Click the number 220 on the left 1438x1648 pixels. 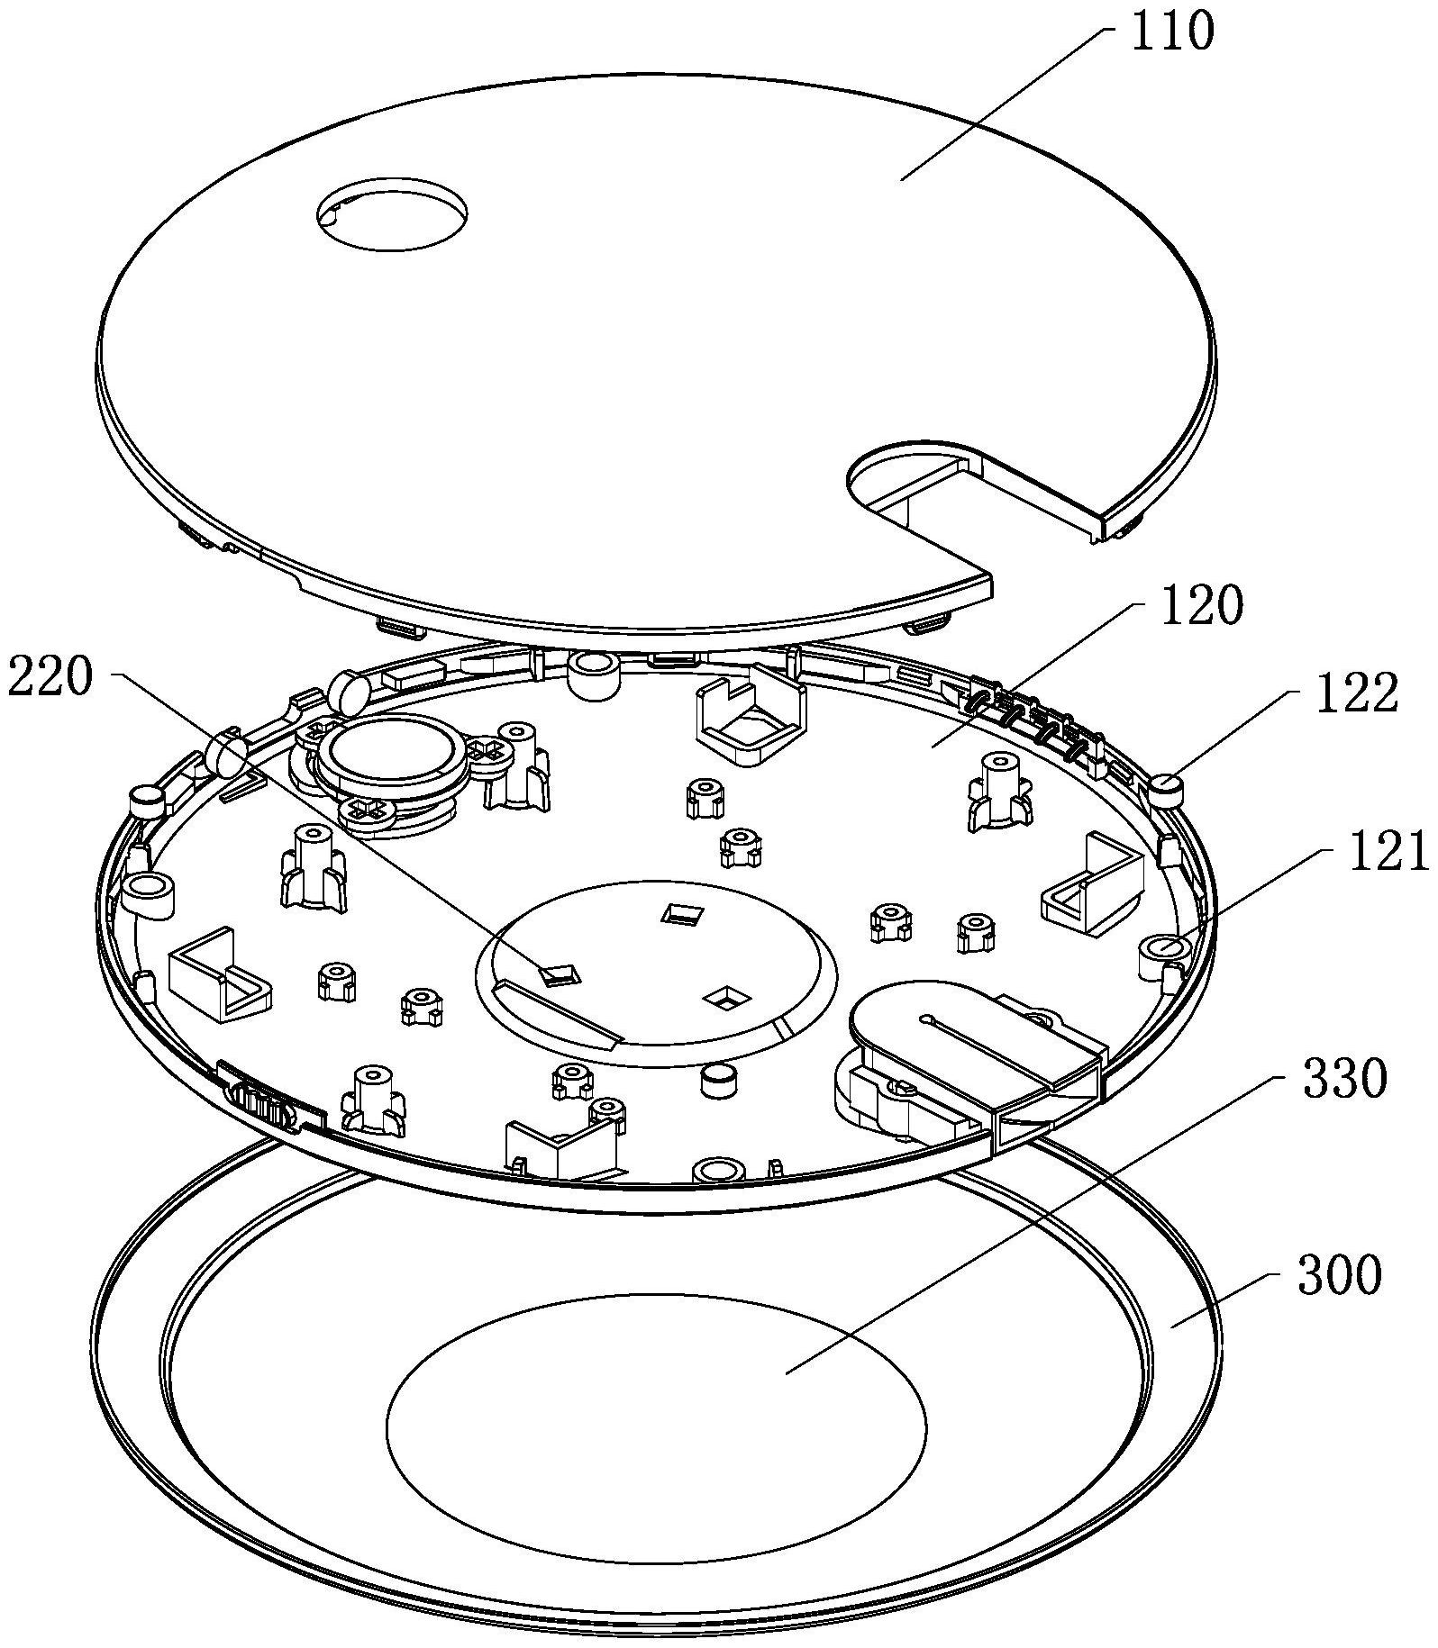(x=50, y=677)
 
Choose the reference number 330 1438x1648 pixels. (x=1343, y=1080)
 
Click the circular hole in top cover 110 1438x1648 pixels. (x=393, y=214)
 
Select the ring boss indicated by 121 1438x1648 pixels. (x=1162, y=953)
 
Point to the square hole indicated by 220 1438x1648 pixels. (x=560, y=973)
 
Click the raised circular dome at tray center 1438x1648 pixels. (x=655, y=974)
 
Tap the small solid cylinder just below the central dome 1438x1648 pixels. (x=718, y=1081)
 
